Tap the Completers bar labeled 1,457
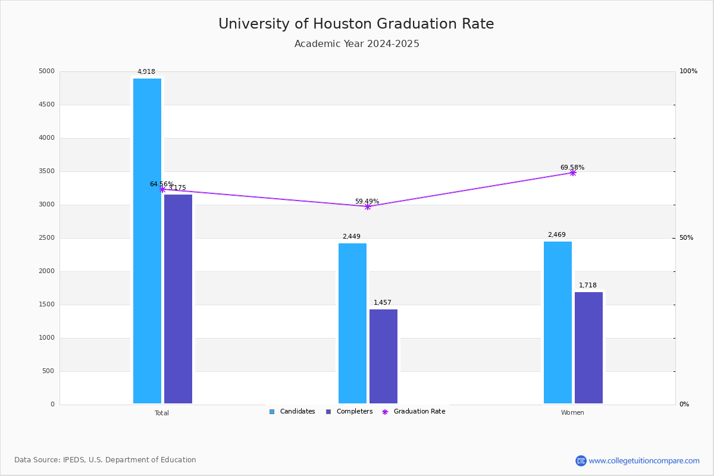(x=383, y=356)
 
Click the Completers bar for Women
(x=588, y=347)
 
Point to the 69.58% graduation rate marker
(x=572, y=173)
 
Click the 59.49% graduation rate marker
(x=367, y=206)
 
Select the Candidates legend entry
(x=292, y=412)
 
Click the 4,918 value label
(x=146, y=72)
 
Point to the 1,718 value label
(x=588, y=286)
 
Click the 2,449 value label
(x=352, y=237)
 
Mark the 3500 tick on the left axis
(x=47, y=171)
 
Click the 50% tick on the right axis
(x=686, y=238)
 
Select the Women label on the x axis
(x=572, y=413)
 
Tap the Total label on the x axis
(x=162, y=413)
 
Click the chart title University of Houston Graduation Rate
(x=356, y=24)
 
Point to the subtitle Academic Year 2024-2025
(x=356, y=44)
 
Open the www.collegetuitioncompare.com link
(x=644, y=461)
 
